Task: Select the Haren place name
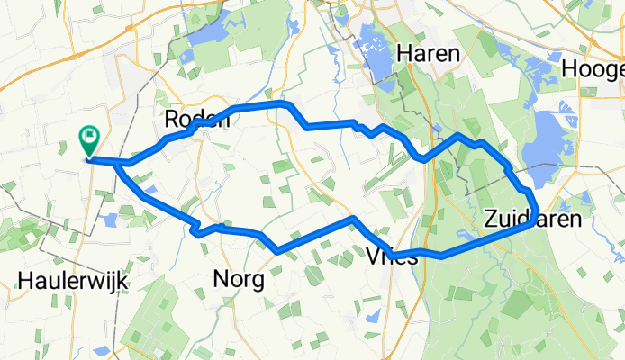427,53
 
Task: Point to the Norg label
238,280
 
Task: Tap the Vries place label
393,257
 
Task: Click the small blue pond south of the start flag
110,220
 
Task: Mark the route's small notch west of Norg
195,231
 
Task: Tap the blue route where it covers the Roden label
194,130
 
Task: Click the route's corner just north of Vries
354,219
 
